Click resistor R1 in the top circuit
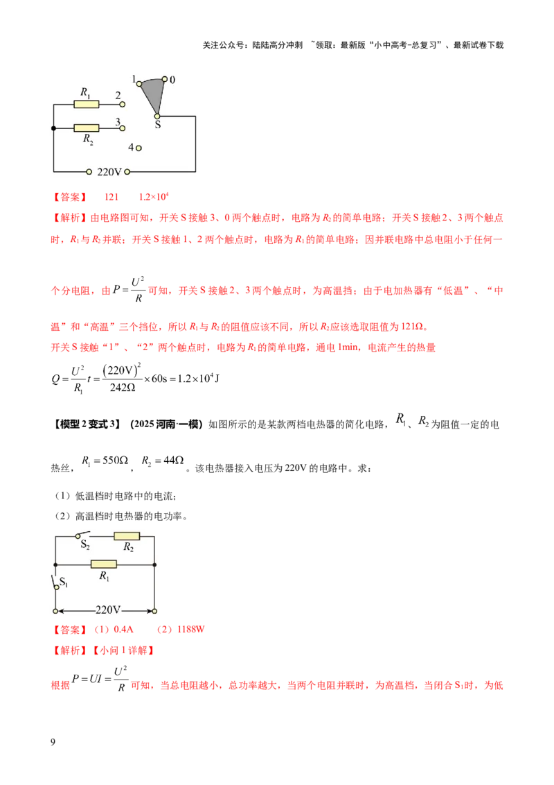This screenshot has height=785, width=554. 87,105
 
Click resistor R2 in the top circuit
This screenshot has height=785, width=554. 87,128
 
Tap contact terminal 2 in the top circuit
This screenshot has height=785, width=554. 123,105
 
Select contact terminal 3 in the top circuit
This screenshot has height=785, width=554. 123,128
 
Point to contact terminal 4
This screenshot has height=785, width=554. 138,148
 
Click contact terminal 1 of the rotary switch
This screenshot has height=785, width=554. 138,84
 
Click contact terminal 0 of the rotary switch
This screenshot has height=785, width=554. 165,80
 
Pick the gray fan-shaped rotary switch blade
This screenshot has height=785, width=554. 154,94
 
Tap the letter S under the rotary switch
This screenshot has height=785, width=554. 157,126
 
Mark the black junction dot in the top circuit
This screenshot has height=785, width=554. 53,128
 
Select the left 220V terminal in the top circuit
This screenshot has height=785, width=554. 89,171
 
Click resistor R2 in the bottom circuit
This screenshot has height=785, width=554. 127,536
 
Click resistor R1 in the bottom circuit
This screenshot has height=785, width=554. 104,564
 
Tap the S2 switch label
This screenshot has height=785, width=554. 85,546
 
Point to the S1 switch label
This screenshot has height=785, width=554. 64,581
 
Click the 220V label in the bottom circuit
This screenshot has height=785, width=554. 107,610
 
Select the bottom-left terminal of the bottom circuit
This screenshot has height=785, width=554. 55,611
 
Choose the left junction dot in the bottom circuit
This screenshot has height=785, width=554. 55,564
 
